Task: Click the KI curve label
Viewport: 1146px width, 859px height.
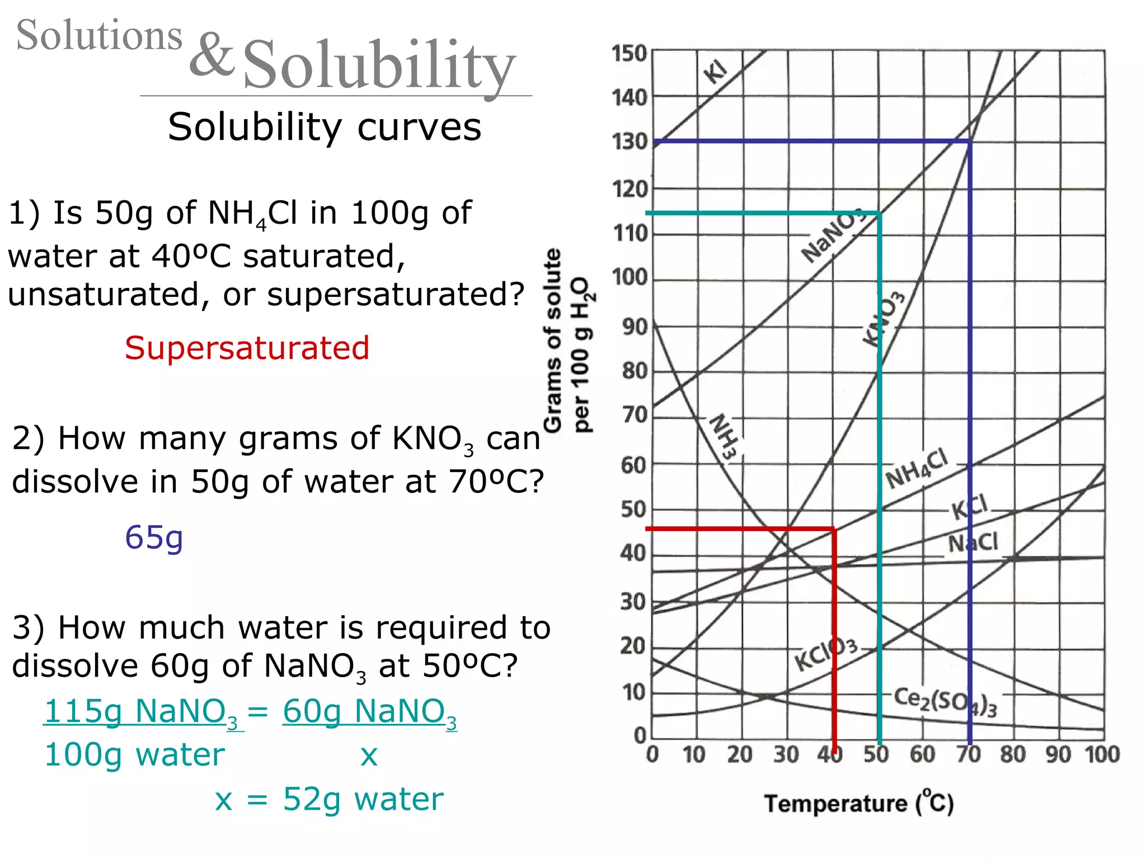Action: coord(716,72)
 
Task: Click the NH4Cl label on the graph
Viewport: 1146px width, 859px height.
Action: coord(917,469)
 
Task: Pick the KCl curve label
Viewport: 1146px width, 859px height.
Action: coord(970,507)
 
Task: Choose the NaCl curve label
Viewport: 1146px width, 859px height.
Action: coord(973,543)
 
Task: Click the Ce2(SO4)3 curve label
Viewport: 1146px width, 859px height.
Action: coord(945,702)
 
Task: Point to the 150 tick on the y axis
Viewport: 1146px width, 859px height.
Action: coord(629,54)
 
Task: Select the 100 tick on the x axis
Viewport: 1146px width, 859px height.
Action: coord(1102,754)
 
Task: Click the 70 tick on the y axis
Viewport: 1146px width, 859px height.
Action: coord(635,416)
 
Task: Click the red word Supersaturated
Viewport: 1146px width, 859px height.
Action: coord(247,348)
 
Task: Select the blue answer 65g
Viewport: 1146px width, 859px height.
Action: coord(154,537)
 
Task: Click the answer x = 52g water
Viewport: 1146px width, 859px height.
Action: coord(329,799)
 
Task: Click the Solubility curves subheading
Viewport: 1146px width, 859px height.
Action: coord(325,127)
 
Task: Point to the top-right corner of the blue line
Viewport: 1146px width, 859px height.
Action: coord(970,141)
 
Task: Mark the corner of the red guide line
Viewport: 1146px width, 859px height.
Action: coord(834,528)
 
